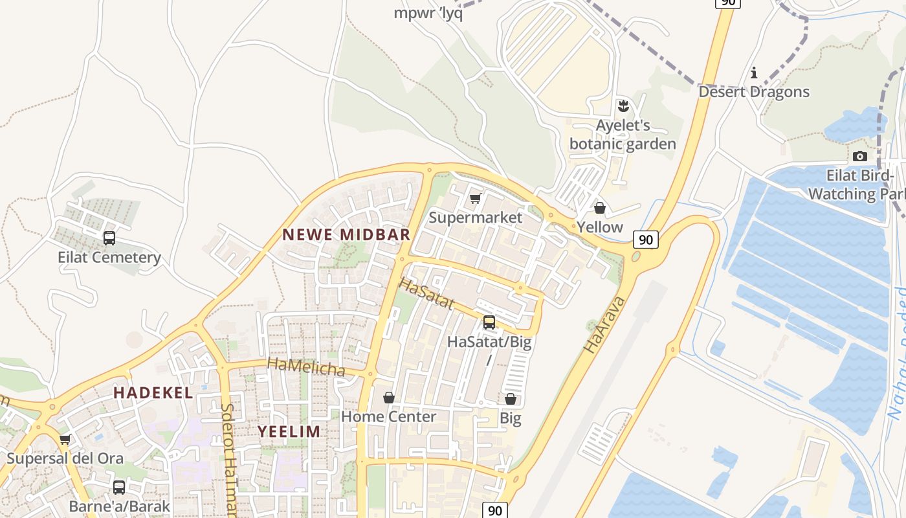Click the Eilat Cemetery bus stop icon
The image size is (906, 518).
[x=109, y=238]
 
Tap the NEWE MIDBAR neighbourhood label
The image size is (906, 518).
[x=346, y=234]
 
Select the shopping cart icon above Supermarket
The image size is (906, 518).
[x=476, y=199]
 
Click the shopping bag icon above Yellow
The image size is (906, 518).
[x=600, y=208]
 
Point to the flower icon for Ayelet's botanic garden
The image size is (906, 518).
[x=624, y=105]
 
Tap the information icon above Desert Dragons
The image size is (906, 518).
[x=754, y=73]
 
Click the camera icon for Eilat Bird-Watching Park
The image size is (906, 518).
[x=860, y=156]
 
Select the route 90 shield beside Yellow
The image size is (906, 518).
[x=645, y=240]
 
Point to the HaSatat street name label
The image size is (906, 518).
[x=426, y=293]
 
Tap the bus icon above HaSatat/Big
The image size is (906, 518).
[x=489, y=322]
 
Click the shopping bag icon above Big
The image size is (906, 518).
[x=511, y=399]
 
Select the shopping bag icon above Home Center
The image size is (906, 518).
[x=389, y=398]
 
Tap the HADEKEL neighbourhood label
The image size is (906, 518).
[x=153, y=392]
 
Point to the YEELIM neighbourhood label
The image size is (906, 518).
[x=289, y=431]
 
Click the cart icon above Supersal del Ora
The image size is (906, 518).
[x=65, y=440]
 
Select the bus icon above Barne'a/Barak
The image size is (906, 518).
[x=119, y=487]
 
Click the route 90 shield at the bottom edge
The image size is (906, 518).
[x=495, y=510]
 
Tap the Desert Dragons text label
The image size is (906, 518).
[x=754, y=92]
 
